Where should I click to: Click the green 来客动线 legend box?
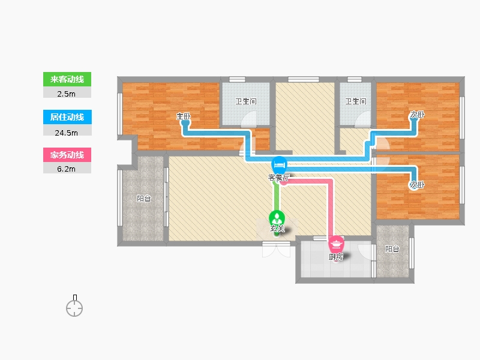[x=67, y=79]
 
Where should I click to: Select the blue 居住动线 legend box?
[x=67, y=117]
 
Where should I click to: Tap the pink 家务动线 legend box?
[x=67, y=155]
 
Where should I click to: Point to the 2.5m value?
[x=67, y=94]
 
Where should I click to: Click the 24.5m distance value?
[x=67, y=133]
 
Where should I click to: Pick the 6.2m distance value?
[x=67, y=169]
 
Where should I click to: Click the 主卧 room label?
[x=184, y=116]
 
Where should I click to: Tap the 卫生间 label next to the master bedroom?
[x=246, y=101]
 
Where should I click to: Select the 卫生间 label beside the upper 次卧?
[x=355, y=101]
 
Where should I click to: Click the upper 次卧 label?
[x=417, y=115]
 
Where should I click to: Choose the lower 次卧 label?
[x=417, y=185]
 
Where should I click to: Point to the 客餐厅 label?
[x=278, y=178]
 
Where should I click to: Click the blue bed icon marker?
[x=279, y=164]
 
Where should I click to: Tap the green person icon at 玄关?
[x=277, y=218]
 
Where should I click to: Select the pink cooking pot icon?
[x=337, y=244]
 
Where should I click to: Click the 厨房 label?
[x=336, y=257]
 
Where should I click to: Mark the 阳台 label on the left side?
[x=143, y=199]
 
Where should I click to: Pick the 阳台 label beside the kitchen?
[x=392, y=249]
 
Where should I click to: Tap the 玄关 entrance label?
[x=277, y=228]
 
